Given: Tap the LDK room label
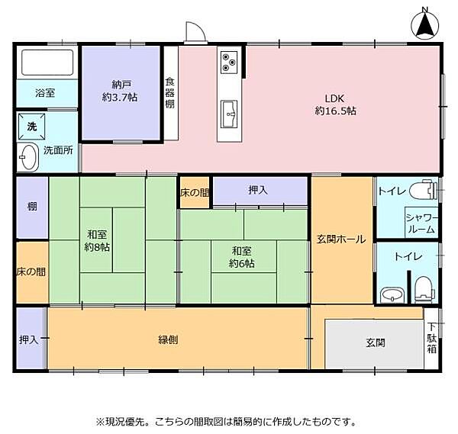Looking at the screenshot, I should tap(335, 104).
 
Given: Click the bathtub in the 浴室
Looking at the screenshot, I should tap(47, 63).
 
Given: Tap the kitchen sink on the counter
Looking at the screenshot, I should tap(229, 114).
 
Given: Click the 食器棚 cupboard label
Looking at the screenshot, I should tap(169, 93).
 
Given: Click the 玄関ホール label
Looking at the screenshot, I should tap(340, 240).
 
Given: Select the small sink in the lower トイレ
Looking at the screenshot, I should tap(389, 295).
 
